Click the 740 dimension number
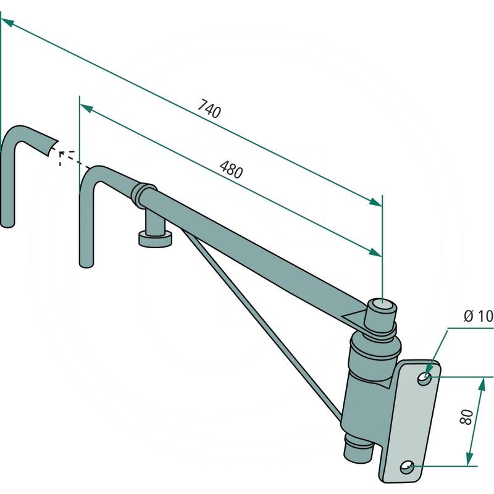click(x=209, y=109)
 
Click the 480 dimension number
click(x=232, y=169)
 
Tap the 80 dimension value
click(x=467, y=417)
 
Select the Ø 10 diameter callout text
click(x=478, y=316)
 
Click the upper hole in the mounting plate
click(x=424, y=379)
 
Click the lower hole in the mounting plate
click(x=408, y=467)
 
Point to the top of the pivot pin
click(x=382, y=306)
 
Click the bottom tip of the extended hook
click(x=7, y=224)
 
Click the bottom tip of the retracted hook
click(x=86, y=265)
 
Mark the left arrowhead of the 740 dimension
click(x=7, y=22)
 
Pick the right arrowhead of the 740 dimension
click(x=376, y=203)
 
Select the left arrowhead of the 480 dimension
click(x=86, y=109)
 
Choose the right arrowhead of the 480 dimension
click(x=375, y=253)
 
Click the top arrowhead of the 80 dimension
click(x=481, y=385)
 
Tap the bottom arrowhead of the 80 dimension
click(x=470, y=459)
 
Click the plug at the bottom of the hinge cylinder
click(x=358, y=448)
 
